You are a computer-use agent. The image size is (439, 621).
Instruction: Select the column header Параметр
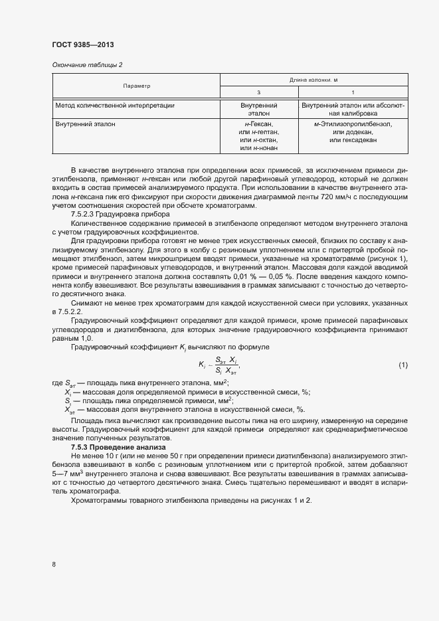point(137,86)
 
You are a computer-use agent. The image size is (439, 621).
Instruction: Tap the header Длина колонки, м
point(314,80)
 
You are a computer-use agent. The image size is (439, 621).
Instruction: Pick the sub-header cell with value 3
point(259,92)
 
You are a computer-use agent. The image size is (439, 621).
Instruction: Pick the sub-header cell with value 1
point(353,92)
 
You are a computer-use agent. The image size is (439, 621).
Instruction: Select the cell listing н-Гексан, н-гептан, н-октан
point(259,135)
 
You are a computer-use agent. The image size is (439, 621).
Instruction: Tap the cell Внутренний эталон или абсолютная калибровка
point(353,110)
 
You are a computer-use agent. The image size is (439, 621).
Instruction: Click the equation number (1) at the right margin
point(403,365)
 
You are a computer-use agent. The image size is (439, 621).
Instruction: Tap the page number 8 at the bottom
point(54,564)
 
